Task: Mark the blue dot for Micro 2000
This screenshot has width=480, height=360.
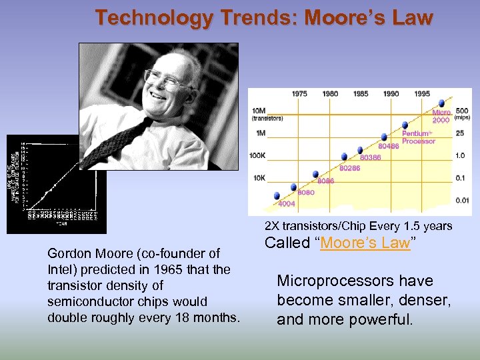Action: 441,104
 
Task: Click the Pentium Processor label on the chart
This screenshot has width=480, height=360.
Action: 419,137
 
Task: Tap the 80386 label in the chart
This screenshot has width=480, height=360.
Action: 370,157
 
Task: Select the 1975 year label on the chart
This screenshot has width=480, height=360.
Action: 299,94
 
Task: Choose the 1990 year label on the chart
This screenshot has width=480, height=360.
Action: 391,94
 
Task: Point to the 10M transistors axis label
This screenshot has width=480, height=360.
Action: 259,111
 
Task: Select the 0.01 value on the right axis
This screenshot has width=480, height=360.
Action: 462,200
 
